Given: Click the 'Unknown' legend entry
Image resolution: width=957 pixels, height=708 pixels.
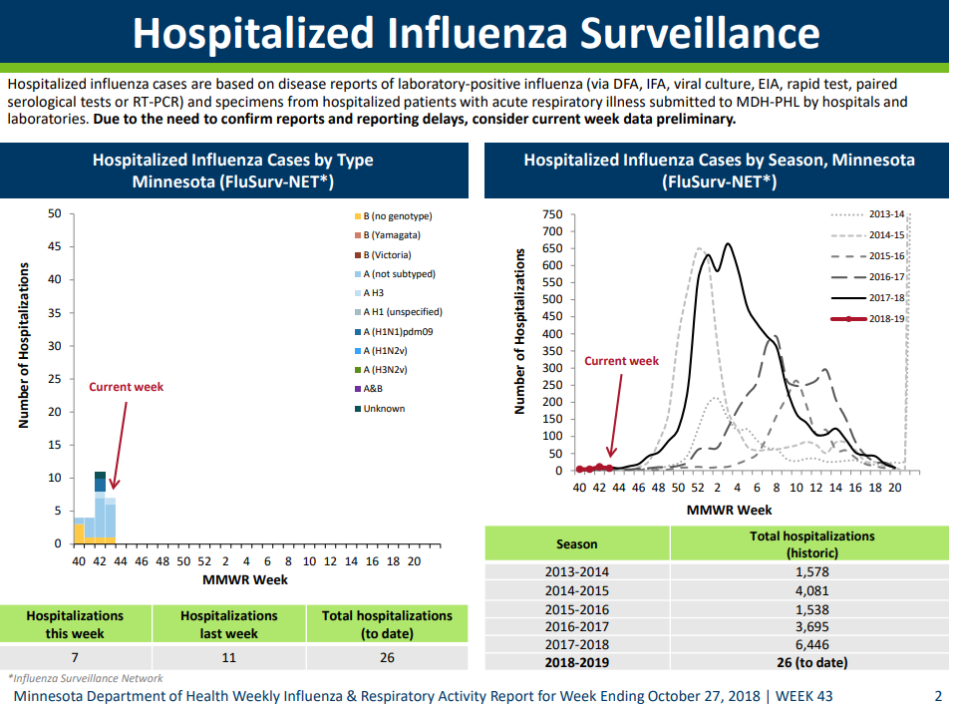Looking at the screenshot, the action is (x=380, y=408).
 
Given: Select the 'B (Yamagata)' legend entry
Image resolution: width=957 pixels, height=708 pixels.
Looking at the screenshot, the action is (x=388, y=235).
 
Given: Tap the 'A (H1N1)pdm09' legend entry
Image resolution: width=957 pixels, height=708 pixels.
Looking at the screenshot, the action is (x=394, y=331).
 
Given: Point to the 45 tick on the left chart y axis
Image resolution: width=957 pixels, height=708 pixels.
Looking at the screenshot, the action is (x=54, y=246).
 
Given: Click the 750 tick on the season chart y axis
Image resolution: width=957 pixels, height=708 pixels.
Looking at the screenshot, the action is (x=552, y=214).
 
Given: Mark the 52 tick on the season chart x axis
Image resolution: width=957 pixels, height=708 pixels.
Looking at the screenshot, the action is (x=698, y=488).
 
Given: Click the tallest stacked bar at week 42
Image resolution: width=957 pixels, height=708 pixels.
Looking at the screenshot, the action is (x=100, y=508).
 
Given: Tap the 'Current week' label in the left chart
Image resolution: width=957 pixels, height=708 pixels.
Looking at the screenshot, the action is (x=127, y=387).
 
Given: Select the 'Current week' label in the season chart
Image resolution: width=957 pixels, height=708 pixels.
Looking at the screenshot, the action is (x=621, y=361).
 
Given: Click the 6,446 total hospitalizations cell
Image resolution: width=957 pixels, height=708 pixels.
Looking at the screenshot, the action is (x=811, y=644).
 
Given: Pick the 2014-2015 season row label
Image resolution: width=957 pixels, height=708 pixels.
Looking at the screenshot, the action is (x=577, y=590).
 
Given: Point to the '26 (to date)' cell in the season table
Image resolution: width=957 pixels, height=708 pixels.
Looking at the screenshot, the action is (x=811, y=662).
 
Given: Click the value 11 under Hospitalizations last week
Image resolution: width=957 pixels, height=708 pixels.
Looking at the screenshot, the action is (x=229, y=657).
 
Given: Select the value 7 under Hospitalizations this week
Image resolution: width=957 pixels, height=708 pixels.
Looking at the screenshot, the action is (x=75, y=657).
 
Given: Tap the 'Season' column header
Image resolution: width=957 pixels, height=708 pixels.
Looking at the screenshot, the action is (x=577, y=543).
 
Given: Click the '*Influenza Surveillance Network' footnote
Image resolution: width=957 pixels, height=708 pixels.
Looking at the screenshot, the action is (x=86, y=678).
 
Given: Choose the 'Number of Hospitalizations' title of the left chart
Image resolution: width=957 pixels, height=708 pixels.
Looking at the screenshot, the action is (x=24, y=345).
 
